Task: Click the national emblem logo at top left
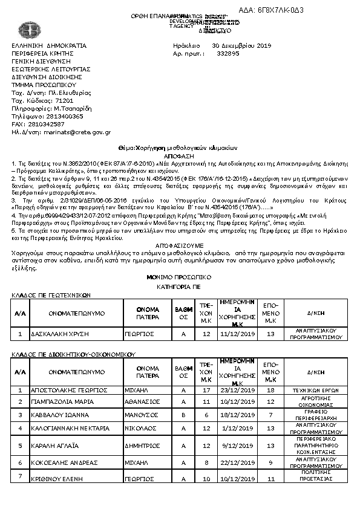click(x=27, y=30)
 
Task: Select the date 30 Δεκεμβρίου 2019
click(x=241, y=45)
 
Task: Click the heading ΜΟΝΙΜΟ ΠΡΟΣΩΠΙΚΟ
click(x=179, y=276)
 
